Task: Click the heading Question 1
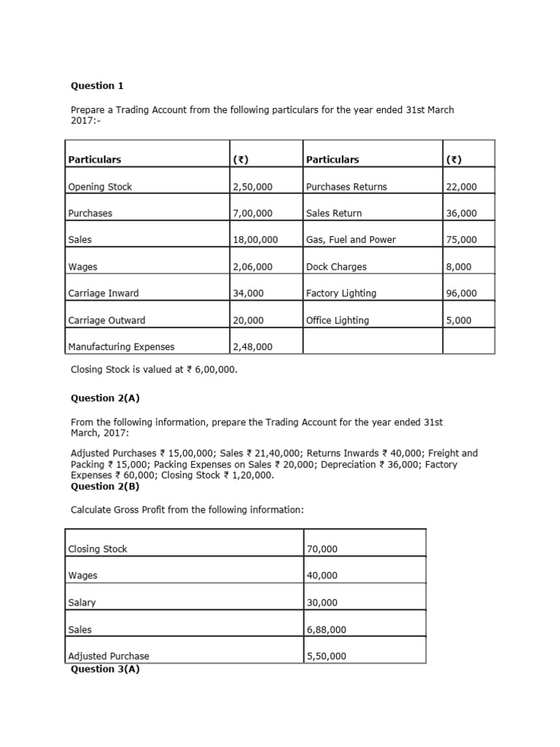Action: [97, 86]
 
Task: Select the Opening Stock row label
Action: [100, 187]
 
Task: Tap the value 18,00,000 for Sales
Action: [255, 240]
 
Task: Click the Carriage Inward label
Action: [103, 293]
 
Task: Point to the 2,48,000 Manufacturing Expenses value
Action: [252, 347]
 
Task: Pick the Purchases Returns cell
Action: [346, 187]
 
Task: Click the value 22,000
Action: [461, 187]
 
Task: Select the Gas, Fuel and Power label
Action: [351, 240]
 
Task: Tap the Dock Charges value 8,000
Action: [459, 267]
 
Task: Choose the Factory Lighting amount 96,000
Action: [461, 293]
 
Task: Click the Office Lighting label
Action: [338, 320]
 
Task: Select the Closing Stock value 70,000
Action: [322, 549]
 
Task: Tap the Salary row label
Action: [82, 603]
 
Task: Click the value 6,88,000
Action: [326, 630]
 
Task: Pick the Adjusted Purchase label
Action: [108, 657]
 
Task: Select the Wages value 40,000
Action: [322, 576]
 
